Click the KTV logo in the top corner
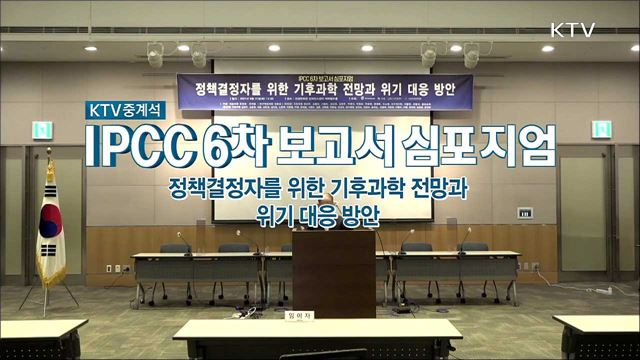(x=572, y=29)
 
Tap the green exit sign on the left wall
(x=44, y=129)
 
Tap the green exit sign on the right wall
(x=600, y=129)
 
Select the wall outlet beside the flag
(x=114, y=267)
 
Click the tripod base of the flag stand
(x=50, y=296)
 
